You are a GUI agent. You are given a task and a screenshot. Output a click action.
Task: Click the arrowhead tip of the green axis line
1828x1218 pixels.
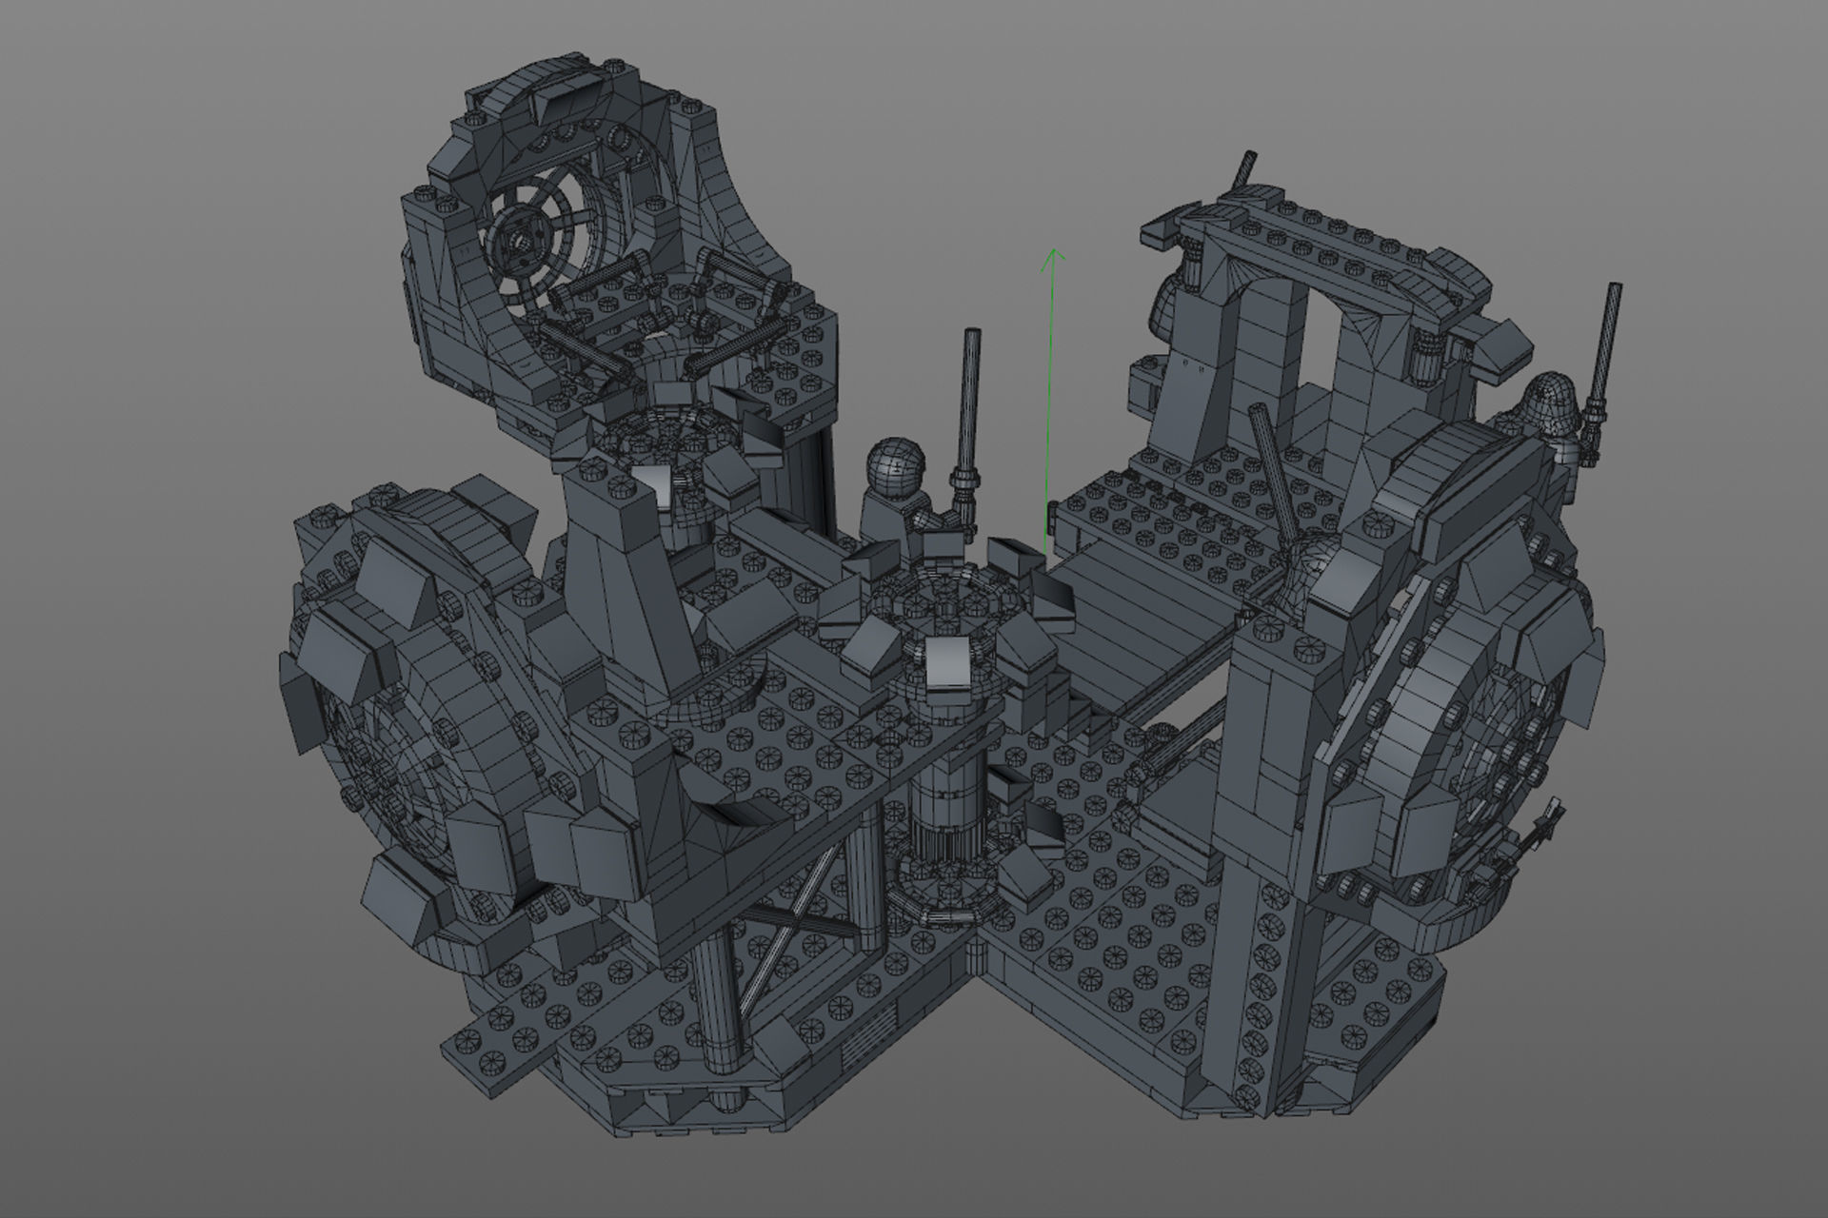(1053, 250)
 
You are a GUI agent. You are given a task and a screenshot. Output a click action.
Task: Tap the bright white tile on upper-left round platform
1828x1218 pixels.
(659, 486)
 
